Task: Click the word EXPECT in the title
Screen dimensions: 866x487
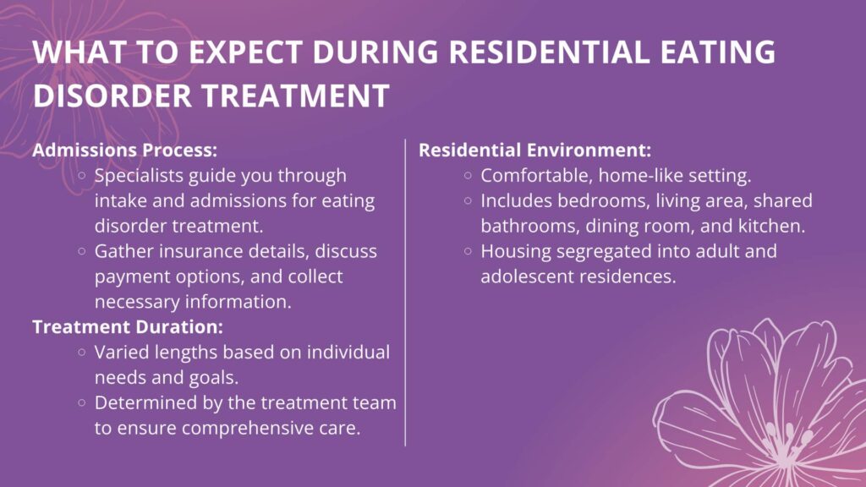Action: point(245,52)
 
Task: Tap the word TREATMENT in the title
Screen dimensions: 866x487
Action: point(295,95)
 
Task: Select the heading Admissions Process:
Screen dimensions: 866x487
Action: point(125,150)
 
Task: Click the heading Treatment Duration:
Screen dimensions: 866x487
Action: point(128,326)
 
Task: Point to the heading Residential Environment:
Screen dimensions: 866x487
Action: point(534,150)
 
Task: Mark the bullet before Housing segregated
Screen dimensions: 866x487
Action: point(468,251)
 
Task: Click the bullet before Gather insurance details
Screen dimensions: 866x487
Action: point(82,251)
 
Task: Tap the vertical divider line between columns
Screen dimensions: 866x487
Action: point(405,293)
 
